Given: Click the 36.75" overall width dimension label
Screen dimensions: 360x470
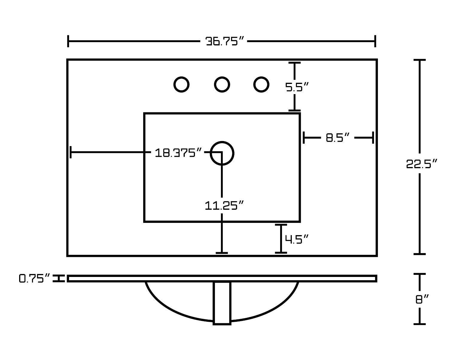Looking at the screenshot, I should tap(225, 41).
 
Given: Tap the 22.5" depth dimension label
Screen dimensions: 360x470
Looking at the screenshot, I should tap(422, 164).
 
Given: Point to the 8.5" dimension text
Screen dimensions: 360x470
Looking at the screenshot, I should tap(338, 138).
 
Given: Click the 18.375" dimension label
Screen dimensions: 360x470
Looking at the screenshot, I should tap(178, 153).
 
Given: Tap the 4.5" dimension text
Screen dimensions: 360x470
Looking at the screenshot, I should tap(296, 239).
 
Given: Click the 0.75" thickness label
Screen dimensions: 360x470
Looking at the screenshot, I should tap(34, 278).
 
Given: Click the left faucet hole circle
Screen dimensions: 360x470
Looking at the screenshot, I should tap(181, 85).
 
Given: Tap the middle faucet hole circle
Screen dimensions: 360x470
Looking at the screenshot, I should tap(222, 85).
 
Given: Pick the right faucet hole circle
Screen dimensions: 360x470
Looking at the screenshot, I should tap(261, 85).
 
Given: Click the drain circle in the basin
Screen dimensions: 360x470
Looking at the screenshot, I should tap(222, 153).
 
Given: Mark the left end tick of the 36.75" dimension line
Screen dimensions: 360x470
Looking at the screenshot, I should tap(68, 41).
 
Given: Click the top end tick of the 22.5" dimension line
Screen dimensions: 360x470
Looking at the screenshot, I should tap(420, 60).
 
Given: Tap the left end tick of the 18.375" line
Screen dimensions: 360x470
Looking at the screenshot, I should tap(71, 152).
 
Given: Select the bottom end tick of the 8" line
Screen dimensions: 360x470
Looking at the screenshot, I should tap(420, 324).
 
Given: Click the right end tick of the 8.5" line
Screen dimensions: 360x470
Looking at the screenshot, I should tap(373, 138).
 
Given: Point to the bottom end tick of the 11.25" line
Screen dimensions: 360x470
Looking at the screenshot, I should tap(222, 253).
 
